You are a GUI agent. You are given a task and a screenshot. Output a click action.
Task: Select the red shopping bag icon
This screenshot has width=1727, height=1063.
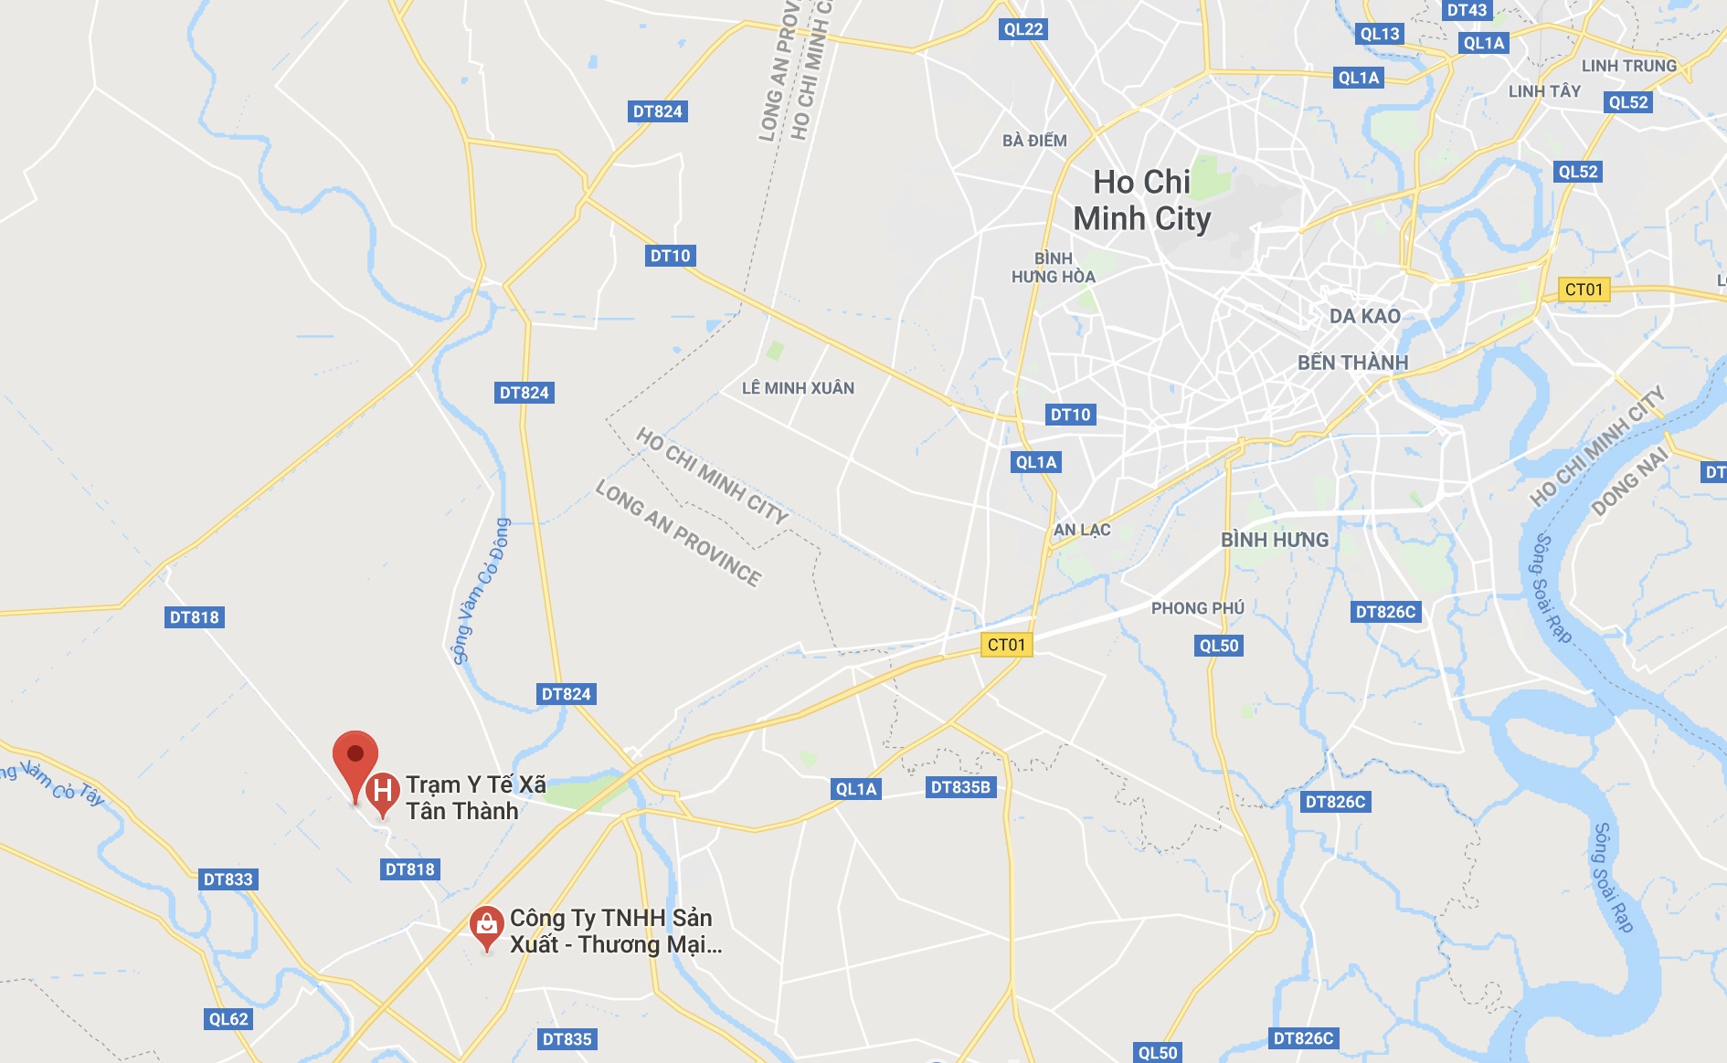[x=487, y=925]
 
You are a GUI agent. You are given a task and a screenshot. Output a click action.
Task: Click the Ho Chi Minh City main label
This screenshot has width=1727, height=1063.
[x=1142, y=201]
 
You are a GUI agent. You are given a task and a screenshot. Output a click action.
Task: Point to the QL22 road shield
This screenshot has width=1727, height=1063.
[x=1023, y=29]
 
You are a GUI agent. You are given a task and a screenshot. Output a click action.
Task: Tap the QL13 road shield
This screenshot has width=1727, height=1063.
[x=1380, y=34]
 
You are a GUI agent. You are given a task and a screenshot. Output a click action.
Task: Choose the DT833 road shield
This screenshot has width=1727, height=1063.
[x=228, y=879]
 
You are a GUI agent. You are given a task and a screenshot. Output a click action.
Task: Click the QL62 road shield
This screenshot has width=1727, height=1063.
[x=228, y=1019]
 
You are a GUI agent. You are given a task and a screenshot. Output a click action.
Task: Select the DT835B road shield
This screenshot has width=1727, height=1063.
[x=960, y=787]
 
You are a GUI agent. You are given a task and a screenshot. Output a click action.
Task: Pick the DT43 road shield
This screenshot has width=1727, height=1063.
[x=1467, y=10]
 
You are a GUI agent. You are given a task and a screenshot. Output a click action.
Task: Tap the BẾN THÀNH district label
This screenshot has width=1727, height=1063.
[x=1352, y=363]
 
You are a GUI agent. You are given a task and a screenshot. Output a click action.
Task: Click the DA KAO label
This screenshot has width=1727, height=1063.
[x=1364, y=316]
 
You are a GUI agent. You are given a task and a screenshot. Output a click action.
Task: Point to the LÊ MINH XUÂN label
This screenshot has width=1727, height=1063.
[x=798, y=388]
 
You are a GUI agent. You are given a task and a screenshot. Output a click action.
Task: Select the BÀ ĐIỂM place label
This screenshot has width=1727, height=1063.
[x=1034, y=141]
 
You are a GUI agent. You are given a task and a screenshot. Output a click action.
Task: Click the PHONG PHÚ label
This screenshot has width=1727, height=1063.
[x=1197, y=608]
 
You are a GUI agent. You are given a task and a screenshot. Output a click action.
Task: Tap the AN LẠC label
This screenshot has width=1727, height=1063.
[x=1082, y=530]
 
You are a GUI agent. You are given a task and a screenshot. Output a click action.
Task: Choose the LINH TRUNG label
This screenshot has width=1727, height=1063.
[x=1629, y=66]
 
